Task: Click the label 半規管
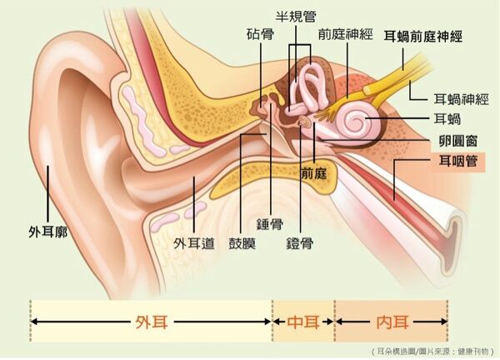coord(296,17)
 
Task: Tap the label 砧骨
coord(260,34)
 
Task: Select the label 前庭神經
coord(345,34)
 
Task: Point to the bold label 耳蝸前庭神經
coord(422,37)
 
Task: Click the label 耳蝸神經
coord(461,99)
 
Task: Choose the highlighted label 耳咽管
coord(458,162)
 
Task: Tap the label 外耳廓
coord(48,232)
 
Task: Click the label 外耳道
coord(194,243)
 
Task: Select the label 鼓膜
coord(242,243)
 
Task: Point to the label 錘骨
coord(270,224)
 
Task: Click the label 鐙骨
coord(299,243)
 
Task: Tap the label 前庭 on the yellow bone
coord(314,174)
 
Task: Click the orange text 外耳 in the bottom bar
coord(152,322)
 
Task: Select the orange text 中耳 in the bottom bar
coord(303,322)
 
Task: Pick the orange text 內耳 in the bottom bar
coord(392,322)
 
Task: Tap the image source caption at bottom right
coord(432,352)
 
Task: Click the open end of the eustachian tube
coord(454,235)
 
